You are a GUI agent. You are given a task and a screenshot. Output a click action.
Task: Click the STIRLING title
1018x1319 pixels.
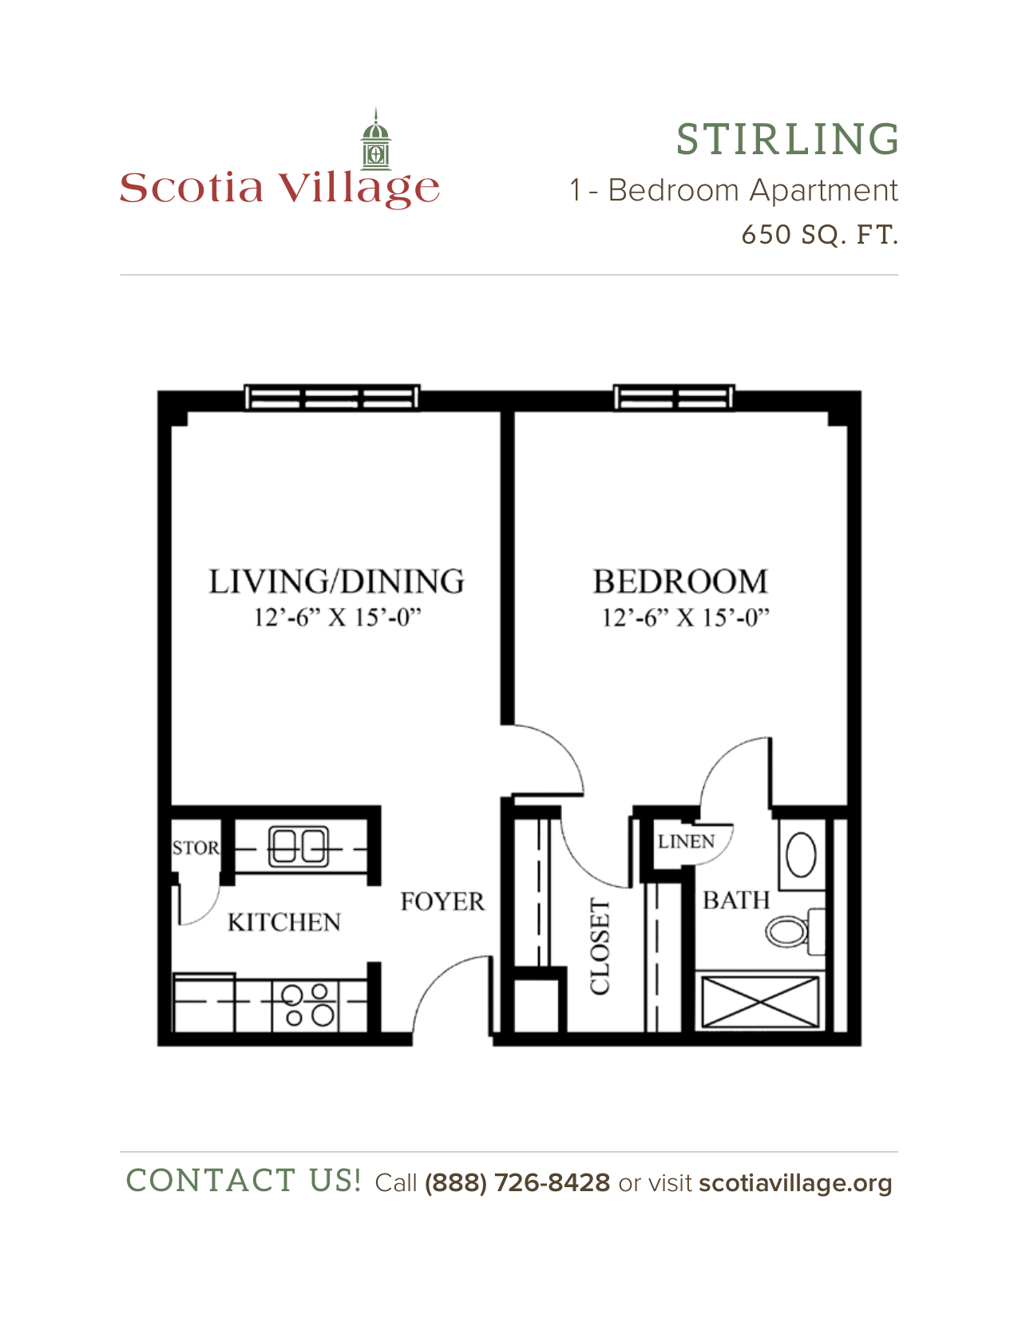(x=787, y=139)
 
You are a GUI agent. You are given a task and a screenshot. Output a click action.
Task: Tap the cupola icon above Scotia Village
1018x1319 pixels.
(x=376, y=139)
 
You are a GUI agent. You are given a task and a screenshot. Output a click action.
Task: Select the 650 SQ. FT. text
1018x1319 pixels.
(x=820, y=235)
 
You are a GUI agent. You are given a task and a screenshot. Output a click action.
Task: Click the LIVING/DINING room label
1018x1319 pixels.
(x=337, y=581)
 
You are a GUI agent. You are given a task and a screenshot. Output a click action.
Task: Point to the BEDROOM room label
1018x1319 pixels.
(x=681, y=581)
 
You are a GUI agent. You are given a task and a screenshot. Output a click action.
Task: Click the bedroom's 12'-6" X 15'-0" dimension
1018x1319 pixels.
(x=686, y=618)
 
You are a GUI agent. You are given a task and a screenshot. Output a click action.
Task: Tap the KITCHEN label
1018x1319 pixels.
(x=284, y=923)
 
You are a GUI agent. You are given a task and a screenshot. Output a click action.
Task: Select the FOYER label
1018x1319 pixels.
(x=442, y=901)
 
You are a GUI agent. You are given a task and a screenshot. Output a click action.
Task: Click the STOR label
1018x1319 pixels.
(x=196, y=848)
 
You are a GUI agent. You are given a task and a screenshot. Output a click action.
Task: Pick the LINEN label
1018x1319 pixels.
(x=686, y=841)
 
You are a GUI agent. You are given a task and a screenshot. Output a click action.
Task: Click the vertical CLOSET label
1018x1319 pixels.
(x=600, y=946)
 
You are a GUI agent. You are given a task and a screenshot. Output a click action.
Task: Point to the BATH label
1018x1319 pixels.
(x=736, y=900)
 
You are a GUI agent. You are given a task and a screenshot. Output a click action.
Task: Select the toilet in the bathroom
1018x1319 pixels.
(x=794, y=931)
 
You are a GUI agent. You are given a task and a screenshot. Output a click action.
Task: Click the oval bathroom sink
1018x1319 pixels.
(x=801, y=855)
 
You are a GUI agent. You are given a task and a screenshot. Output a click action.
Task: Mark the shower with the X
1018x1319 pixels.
(x=760, y=1002)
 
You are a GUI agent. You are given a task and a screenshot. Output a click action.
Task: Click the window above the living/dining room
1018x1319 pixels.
(x=332, y=398)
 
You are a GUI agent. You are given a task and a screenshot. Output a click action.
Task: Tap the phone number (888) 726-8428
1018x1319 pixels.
(x=517, y=1183)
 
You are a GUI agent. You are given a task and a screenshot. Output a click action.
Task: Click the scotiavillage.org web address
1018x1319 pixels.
(x=795, y=1184)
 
